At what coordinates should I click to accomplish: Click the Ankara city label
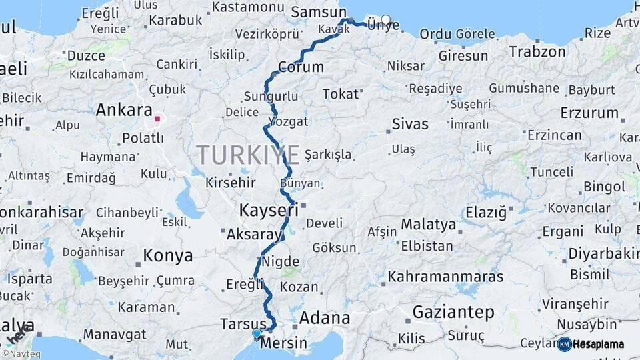click(x=124, y=110)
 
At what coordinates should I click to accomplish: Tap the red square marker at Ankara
click(x=157, y=119)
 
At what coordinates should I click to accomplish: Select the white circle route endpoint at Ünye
click(x=385, y=19)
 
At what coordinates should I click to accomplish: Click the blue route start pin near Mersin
click(x=257, y=333)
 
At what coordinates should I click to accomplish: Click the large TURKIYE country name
click(x=248, y=155)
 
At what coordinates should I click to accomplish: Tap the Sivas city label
click(x=410, y=123)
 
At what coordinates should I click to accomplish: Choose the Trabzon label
click(x=537, y=51)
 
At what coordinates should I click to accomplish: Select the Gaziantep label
click(x=453, y=312)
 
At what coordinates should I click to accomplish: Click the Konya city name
click(x=168, y=255)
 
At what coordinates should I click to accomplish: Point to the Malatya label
click(x=428, y=225)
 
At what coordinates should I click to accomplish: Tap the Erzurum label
click(x=589, y=113)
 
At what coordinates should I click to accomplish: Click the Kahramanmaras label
click(x=446, y=275)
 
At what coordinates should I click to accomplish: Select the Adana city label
click(x=325, y=318)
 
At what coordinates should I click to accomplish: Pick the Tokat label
click(x=340, y=94)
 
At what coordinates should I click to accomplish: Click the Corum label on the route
click(x=301, y=67)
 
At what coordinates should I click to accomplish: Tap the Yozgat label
click(x=287, y=121)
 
